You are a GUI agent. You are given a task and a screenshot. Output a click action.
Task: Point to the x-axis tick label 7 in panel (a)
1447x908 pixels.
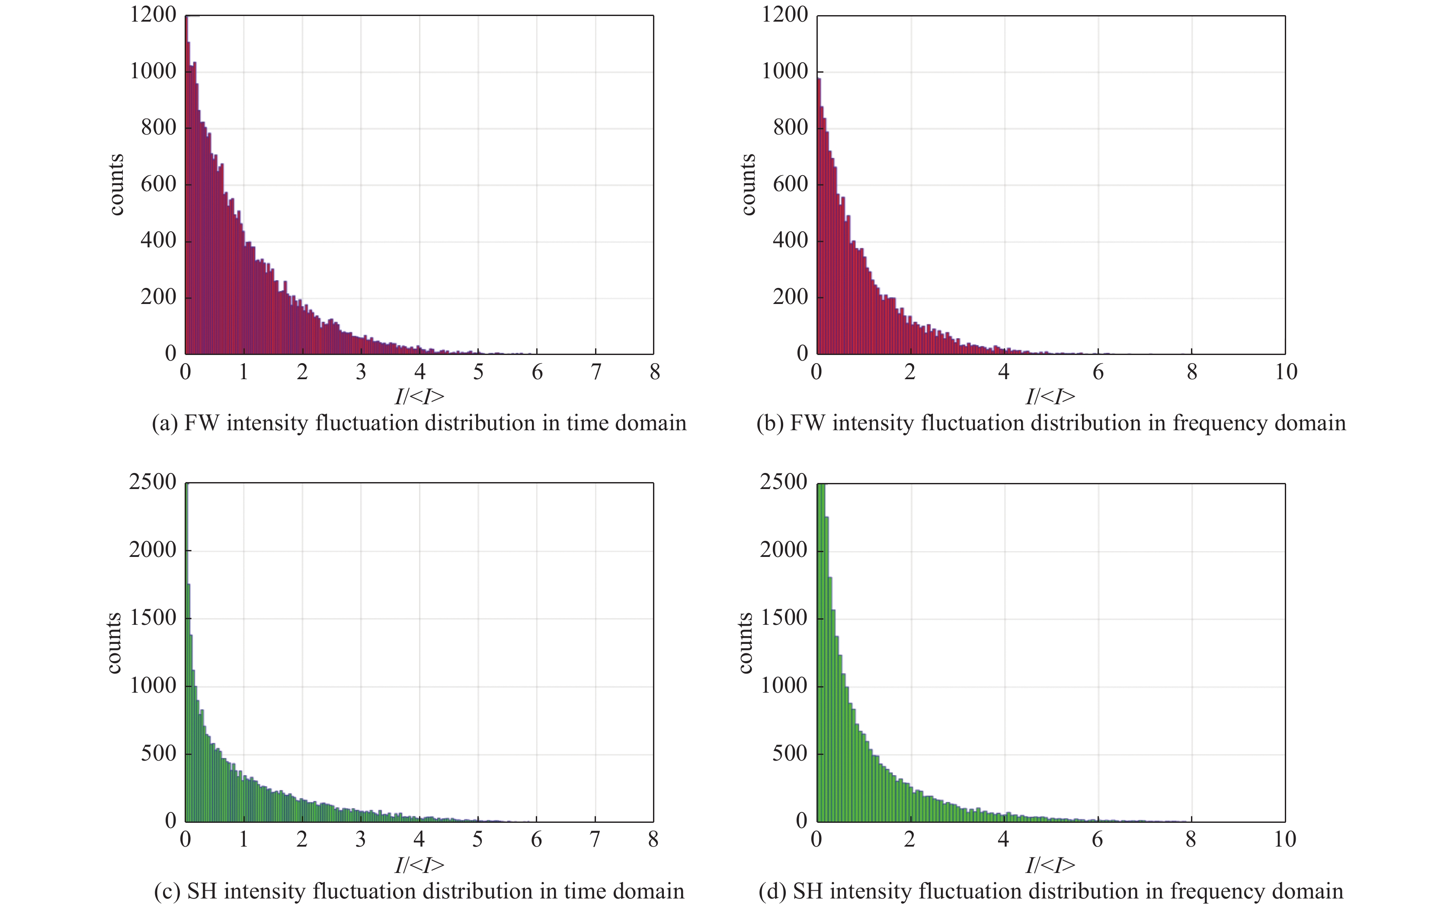(x=595, y=372)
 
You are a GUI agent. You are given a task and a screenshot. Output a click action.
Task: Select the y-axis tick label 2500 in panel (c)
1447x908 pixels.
(x=153, y=482)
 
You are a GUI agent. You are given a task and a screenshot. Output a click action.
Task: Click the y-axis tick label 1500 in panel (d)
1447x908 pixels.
(x=784, y=618)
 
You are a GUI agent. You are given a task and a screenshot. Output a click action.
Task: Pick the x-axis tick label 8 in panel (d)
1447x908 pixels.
(x=1191, y=840)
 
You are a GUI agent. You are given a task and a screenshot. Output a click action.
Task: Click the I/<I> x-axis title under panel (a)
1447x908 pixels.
(x=419, y=397)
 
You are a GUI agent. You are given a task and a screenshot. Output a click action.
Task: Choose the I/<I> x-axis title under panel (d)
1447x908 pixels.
(x=1050, y=865)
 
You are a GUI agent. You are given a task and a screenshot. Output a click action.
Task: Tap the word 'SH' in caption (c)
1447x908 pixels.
(x=202, y=891)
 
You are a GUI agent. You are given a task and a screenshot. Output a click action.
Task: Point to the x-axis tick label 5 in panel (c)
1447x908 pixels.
(x=477, y=840)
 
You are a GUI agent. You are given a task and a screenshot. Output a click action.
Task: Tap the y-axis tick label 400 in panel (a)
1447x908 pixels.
(x=158, y=241)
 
